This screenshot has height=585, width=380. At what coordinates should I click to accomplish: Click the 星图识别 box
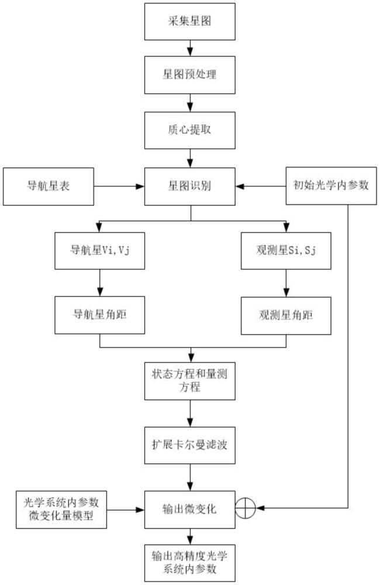pos(190,187)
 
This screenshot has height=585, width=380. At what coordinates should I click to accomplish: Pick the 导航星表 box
pos(49,187)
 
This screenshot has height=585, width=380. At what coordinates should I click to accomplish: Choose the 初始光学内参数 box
pos(331,187)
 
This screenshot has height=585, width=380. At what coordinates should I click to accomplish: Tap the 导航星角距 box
pos(99,314)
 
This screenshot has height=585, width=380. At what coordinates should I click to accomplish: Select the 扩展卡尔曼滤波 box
pos(190,445)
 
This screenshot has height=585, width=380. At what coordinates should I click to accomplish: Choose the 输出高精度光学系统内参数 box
pos(190,562)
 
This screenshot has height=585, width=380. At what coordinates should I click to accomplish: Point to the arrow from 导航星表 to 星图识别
pos(119,187)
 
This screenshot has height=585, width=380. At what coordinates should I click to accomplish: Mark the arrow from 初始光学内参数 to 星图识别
pos(261,187)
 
